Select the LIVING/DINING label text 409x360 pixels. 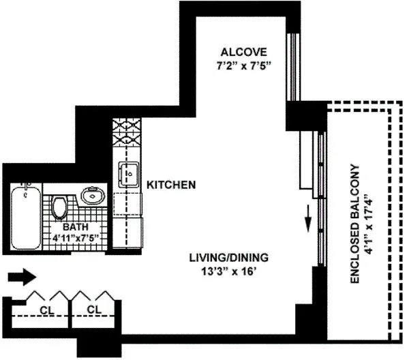pyautogui.click(x=229, y=258)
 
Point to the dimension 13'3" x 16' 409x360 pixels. pyautogui.click(x=229, y=272)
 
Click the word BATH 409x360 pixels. pyautogui.click(x=76, y=227)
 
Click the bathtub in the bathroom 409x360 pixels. pyautogui.click(x=27, y=217)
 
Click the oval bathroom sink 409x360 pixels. pyautogui.click(x=92, y=196)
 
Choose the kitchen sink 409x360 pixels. pyautogui.click(x=127, y=175)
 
